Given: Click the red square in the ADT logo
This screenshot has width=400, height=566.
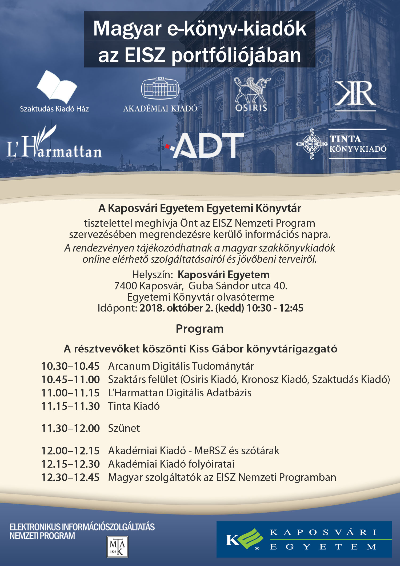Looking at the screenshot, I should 167,146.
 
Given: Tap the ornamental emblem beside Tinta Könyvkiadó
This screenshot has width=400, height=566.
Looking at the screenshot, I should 311,144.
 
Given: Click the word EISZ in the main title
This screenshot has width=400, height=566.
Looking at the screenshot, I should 145,55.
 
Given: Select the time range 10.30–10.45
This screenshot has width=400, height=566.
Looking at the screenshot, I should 70,366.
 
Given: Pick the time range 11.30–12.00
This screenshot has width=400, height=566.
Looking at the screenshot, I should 70,428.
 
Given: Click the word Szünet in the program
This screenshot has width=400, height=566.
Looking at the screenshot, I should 124,428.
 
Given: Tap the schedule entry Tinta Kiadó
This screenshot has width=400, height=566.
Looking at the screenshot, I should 134,406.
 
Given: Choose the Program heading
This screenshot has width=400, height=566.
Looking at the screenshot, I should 200,329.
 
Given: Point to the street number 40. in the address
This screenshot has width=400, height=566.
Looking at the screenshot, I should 280,286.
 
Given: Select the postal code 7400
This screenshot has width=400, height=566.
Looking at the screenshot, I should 125,286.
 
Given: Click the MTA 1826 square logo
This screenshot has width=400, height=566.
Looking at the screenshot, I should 117,547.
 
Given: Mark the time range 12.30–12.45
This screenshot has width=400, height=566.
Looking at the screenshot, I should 70,477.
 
